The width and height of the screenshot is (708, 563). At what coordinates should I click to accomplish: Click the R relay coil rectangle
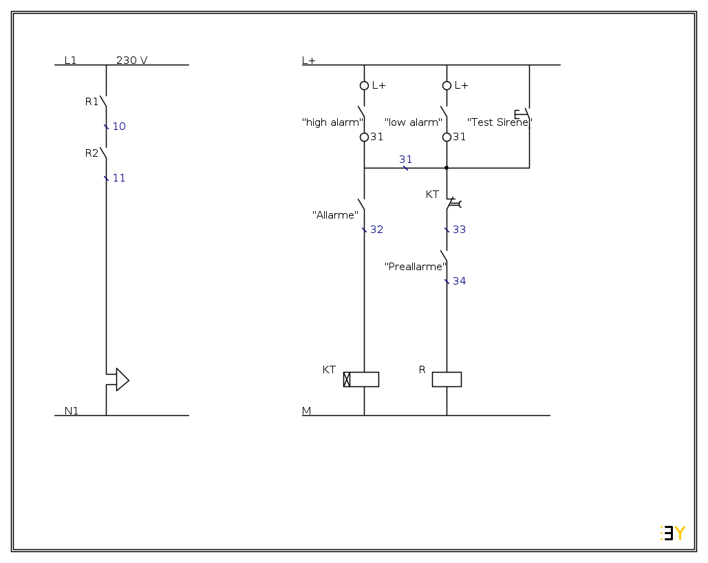point(447,379)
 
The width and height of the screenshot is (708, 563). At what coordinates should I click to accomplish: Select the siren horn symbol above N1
point(122,379)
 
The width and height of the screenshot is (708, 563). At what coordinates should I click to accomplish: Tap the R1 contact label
point(92,102)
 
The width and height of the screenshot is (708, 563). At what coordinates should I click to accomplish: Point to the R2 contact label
point(92,153)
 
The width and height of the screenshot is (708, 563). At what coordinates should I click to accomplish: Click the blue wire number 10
point(119,126)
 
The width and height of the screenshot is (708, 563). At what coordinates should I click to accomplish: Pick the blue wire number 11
point(119,178)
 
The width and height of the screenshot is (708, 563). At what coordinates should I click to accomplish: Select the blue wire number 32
point(376,230)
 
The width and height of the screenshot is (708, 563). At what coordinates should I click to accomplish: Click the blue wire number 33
point(459,230)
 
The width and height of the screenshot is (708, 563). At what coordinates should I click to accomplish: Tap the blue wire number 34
point(459,281)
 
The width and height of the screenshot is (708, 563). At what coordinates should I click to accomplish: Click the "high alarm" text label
point(332,122)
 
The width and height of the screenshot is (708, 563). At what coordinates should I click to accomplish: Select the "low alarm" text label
point(413,122)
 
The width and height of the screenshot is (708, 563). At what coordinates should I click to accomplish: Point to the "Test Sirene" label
point(500,122)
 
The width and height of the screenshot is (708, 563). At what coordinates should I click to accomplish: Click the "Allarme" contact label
point(335,215)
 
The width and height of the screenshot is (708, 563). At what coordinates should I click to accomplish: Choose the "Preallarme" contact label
point(416,267)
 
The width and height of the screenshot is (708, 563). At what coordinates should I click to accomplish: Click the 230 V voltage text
point(131,60)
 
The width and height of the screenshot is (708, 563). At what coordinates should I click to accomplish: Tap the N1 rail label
point(72,411)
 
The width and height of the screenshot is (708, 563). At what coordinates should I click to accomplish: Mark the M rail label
point(306,411)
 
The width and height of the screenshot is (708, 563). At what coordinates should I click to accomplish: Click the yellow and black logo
point(672,533)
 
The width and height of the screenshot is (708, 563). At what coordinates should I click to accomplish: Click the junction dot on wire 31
point(447,168)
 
